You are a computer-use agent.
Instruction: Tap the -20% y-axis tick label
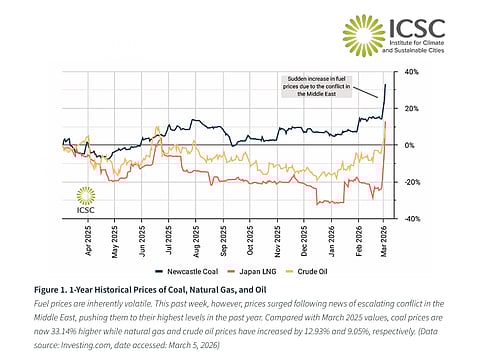(409, 182)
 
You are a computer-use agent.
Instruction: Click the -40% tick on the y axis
(409, 218)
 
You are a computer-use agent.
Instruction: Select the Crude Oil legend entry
(304, 270)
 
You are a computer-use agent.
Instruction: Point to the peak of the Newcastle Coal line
(386, 85)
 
